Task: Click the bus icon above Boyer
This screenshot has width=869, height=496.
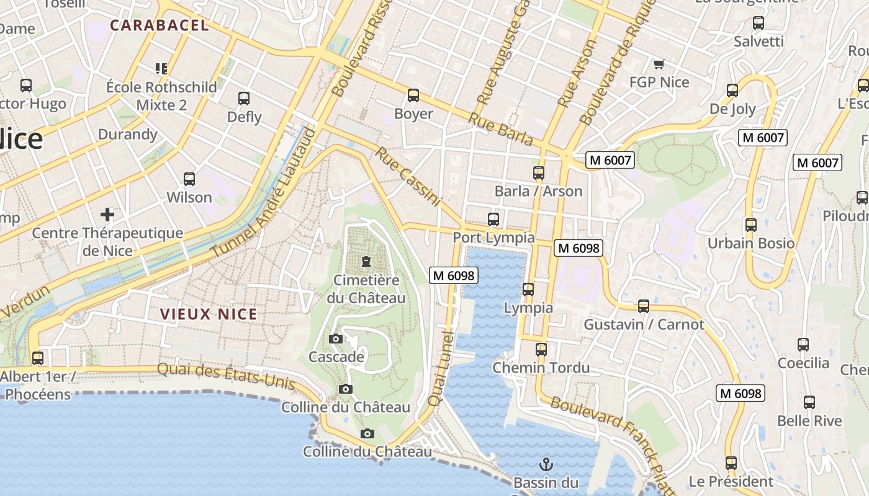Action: [413, 95]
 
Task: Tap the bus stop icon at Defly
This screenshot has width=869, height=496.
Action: [244, 98]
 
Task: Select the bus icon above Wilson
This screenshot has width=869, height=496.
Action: [189, 179]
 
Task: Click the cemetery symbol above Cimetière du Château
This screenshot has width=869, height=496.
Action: [366, 261]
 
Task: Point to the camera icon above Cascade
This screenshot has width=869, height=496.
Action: [336, 339]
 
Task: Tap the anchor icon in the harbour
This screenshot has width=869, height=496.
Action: [546, 464]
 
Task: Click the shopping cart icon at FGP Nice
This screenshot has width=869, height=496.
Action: [659, 64]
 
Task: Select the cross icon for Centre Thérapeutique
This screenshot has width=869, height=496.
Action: [107, 215]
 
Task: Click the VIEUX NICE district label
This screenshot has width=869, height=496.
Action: [209, 314]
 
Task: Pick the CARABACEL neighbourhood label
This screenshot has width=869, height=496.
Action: [160, 25]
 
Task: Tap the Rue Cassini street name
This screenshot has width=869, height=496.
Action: [408, 177]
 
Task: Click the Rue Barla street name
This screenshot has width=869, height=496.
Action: [501, 129]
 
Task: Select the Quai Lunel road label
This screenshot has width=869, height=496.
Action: [441, 368]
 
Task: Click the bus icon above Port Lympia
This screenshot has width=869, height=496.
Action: [493, 219]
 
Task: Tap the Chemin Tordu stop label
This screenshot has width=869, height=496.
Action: [541, 368]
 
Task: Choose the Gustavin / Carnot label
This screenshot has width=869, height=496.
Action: [644, 324]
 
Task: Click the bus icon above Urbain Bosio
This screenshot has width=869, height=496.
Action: [751, 224]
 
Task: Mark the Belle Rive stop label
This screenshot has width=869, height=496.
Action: [809, 421]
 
